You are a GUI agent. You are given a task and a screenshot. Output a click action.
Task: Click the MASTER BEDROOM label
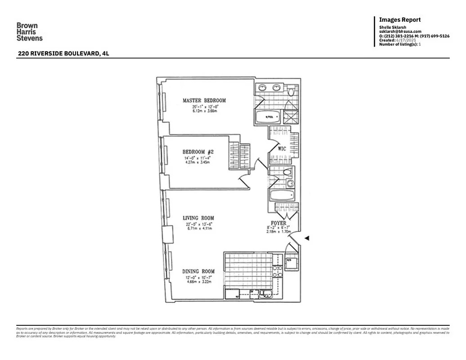[204, 100]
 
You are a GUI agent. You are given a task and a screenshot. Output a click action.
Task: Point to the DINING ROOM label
[198, 271]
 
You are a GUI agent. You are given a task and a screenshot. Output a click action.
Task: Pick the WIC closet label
[282, 148]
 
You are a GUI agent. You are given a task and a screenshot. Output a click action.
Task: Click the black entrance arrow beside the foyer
[307, 238]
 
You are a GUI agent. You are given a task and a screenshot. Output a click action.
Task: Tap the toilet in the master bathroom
[291, 92]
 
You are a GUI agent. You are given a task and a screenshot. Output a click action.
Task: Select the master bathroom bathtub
[269, 117]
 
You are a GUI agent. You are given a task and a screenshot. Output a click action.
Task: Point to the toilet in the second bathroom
[288, 172]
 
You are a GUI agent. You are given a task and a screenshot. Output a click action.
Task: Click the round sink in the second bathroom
[290, 184]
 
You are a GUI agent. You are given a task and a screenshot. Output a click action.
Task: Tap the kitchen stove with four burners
[278, 270]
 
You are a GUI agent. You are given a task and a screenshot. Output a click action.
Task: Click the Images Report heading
[400, 20]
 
